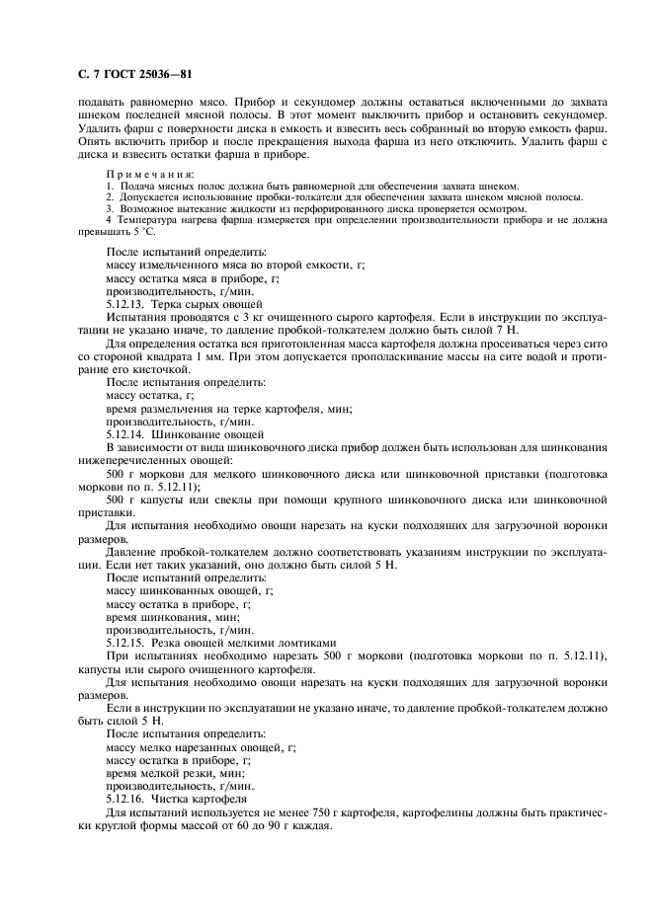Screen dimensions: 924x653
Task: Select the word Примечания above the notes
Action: click(149, 174)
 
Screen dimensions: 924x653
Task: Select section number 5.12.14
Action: click(126, 433)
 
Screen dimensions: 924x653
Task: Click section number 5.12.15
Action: click(126, 642)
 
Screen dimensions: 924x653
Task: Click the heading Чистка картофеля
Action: click(203, 796)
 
